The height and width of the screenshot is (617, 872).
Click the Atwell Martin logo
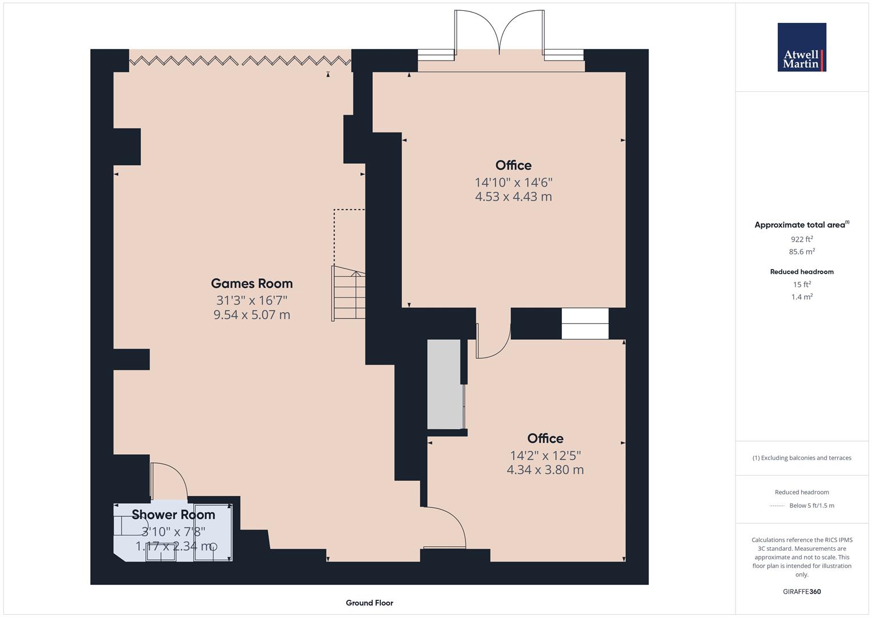(801, 47)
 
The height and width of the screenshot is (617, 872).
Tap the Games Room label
(252, 283)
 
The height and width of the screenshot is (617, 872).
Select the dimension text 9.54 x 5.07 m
(252, 315)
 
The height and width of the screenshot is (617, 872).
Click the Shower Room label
(174, 514)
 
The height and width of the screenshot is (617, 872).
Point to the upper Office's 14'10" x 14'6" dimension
(513, 182)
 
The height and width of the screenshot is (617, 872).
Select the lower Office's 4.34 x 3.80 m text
(545, 470)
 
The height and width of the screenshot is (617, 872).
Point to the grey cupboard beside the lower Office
(444, 384)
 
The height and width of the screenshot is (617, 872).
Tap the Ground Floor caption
(369, 603)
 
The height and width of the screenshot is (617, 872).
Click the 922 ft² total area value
(802, 239)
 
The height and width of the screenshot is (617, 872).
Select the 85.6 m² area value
(802, 251)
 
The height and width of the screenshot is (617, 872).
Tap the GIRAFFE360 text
(801, 591)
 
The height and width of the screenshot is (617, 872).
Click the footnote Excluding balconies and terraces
(801, 458)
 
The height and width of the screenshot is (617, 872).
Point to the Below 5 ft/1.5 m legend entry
(811, 506)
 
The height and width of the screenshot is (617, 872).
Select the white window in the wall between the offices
(585, 323)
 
